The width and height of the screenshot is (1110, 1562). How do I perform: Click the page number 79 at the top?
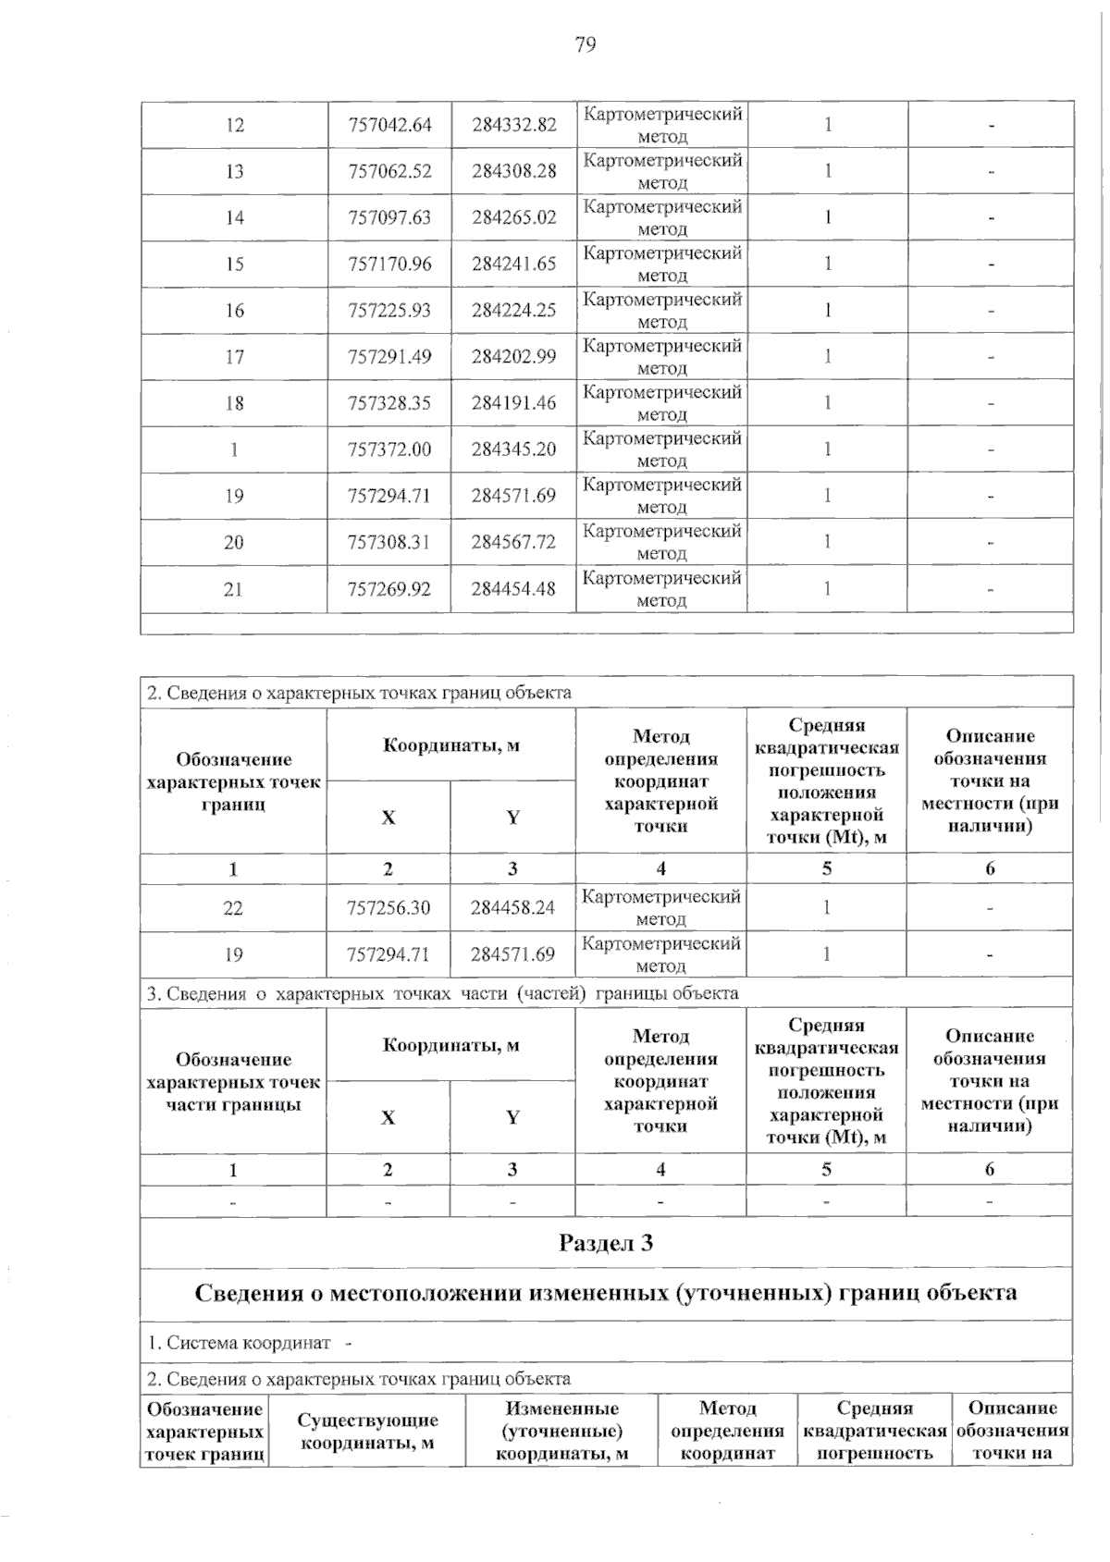[x=585, y=44]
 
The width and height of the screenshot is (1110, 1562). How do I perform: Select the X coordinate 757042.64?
[x=389, y=125]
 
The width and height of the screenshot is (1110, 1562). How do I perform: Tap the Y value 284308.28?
[x=514, y=171]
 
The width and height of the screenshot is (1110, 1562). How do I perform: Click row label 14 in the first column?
[x=235, y=217]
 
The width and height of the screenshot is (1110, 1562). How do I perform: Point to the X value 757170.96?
[x=389, y=264]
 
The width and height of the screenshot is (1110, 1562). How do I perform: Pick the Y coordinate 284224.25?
[x=514, y=310]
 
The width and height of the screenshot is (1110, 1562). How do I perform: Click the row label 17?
[x=235, y=356]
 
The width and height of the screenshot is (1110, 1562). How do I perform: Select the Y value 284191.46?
[x=514, y=402]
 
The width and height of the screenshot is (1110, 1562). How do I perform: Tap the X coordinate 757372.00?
[x=389, y=449]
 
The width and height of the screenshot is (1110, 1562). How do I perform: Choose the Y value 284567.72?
[x=513, y=542]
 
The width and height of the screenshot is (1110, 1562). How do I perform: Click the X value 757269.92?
[x=389, y=588]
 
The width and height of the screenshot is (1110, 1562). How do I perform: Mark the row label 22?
[x=233, y=908]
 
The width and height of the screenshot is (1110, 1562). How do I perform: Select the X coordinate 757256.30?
[x=388, y=908]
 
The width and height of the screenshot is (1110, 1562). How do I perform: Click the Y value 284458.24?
[x=512, y=908]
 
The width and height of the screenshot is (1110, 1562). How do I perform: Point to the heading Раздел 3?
[x=606, y=1243]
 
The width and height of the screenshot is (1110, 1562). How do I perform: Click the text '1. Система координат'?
[x=239, y=1342]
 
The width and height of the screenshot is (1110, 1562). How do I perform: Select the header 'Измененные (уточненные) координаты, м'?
[x=562, y=1431]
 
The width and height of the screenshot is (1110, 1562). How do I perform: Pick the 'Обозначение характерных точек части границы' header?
[x=233, y=1081]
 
